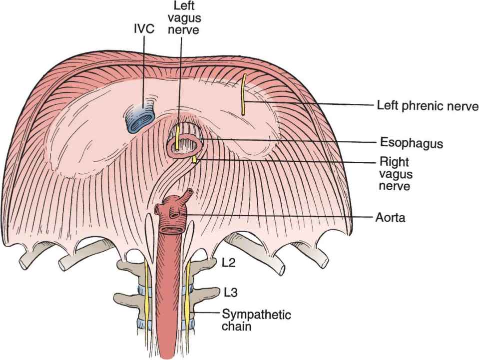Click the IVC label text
pos(143,29)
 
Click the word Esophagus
pos(410,143)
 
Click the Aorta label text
pos(391,218)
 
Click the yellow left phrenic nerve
pos(244,95)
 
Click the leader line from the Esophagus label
pos(290,141)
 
